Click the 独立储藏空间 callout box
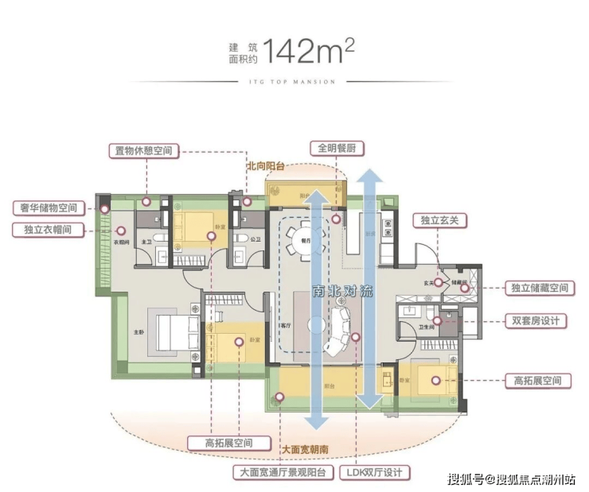pos(540,289)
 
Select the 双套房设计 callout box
pos(535,322)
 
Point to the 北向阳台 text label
pos(265,167)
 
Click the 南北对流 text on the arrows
pos(341,291)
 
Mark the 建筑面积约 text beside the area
pos(244,52)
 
